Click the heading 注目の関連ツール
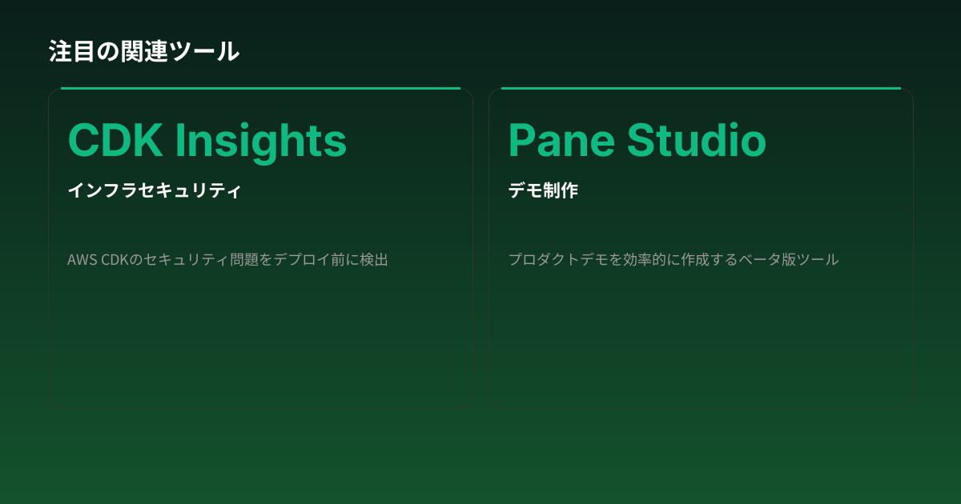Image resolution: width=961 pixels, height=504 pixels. click(x=144, y=51)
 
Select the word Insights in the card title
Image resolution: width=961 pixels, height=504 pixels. click(x=261, y=142)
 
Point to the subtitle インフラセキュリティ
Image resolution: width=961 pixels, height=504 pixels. click(x=155, y=190)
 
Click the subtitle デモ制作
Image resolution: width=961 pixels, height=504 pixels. click(x=543, y=190)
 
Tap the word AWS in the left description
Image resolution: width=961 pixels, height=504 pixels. click(x=82, y=260)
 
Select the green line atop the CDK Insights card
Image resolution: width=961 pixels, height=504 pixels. click(x=260, y=88)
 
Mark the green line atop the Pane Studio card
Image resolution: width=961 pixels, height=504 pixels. click(x=701, y=88)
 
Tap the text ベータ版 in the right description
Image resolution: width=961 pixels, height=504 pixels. click(x=762, y=260)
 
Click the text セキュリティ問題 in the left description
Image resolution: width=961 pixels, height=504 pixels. click(x=206, y=260)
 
